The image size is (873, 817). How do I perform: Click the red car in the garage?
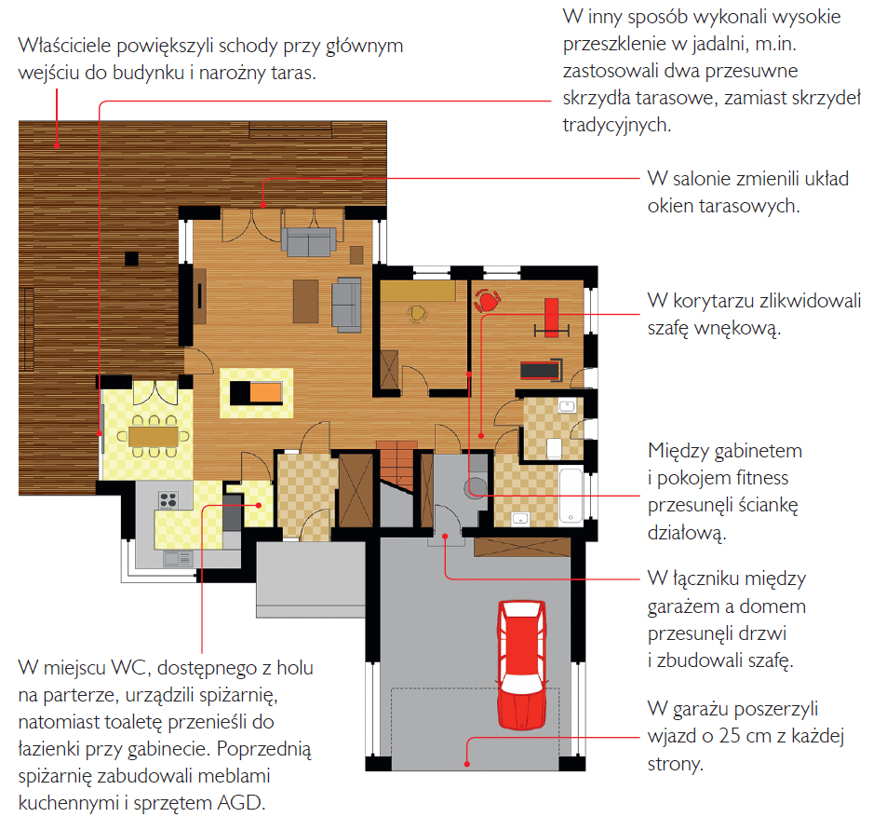click(522, 665)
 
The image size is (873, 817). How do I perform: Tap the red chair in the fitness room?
click(487, 300)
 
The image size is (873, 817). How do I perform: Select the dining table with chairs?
click(154, 436)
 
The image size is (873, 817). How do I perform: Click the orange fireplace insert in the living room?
click(265, 392)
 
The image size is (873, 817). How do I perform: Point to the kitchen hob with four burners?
click(168, 500)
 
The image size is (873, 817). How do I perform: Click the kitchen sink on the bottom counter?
click(178, 558)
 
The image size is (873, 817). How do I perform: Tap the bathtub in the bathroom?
click(571, 496)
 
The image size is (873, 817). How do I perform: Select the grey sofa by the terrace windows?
click(308, 241)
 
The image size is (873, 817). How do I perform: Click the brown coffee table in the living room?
click(305, 301)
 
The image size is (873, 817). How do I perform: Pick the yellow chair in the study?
click(417, 313)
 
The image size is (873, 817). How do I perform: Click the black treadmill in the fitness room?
click(541, 369)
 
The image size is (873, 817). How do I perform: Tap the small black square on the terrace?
click(131, 259)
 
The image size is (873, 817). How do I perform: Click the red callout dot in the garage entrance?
click(467, 764)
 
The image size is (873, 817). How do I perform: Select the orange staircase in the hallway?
click(397, 464)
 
